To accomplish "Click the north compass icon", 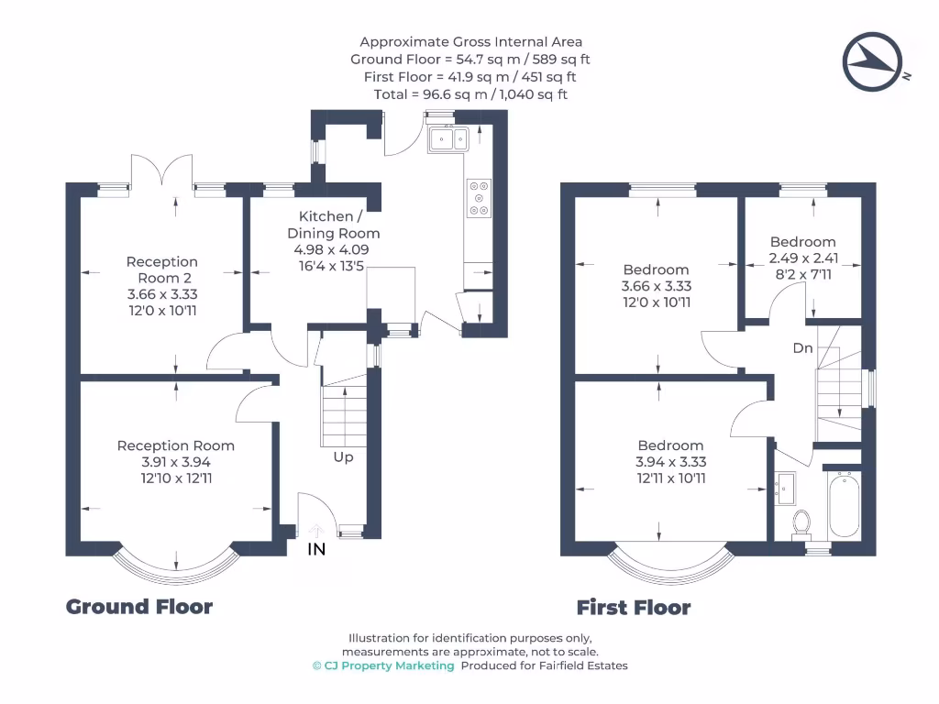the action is pos(873,61).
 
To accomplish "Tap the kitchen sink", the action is pos(448,139).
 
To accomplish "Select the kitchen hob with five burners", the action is pos(479,198).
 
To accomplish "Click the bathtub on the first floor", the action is pos(845,503).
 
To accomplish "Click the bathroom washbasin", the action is pos(785,489).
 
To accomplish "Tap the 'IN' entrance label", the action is pos(316,549).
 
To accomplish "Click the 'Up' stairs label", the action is pos(343,457).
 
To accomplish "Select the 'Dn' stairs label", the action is pos(802,347).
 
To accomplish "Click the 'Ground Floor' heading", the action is pos(139,607).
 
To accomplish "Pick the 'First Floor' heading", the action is pos(634,608).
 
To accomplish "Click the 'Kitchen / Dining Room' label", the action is pos(334,225).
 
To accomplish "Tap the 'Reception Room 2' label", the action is pos(161,270).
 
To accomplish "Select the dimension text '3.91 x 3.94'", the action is pos(176,462).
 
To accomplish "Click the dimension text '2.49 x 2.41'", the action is pos(803,258).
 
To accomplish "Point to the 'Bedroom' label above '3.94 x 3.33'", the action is pos(670,445).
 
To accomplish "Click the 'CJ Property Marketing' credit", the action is pos(383,665).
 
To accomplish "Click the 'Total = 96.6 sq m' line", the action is pos(431,94).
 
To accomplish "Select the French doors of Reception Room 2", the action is pos(161,170).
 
